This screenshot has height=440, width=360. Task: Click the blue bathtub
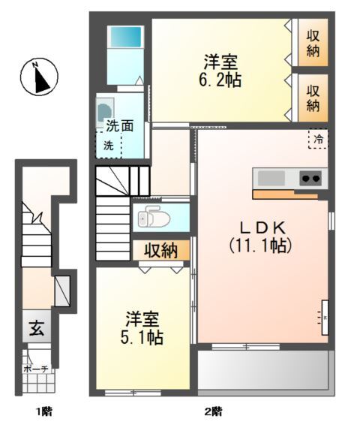tap(124, 37)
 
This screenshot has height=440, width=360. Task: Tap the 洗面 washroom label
tap(119, 125)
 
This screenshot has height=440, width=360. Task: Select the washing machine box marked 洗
tap(108, 145)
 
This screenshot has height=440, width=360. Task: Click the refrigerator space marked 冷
tap(319, 138)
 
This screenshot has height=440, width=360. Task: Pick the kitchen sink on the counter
tap(271, 178)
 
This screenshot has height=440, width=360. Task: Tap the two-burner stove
tap(311, 178)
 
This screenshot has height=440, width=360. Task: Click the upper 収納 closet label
tap(313, 44)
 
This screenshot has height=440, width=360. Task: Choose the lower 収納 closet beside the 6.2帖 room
tap(313, 97)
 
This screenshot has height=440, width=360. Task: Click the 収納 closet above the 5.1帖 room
tap(160, 250)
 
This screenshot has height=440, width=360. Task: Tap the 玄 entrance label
tap(36, 328)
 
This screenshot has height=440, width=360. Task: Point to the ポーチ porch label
tap(35, 369)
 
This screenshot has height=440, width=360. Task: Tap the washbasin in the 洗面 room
tap(104, 110)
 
